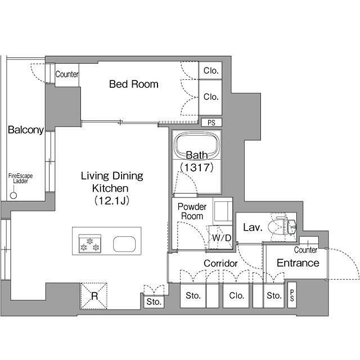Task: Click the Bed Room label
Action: pos(134,84)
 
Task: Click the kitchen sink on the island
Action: pos(124,244)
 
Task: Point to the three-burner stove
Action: pos(90,244)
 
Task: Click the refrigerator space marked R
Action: pos(94,296)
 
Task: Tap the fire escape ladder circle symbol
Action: pos(13,195)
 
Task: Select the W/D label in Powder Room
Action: pos(222,238)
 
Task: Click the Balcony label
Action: pos(26,130)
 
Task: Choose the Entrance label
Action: pos(298,263)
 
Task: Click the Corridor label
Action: pos(220,263)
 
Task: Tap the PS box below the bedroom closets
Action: pos(211,123)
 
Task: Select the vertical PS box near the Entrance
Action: pos(292,295)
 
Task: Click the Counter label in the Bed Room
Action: pos(67,74)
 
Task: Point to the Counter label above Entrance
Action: pos(305,250)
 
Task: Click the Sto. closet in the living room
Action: pos(154,301)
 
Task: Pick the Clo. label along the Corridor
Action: pos(236,295)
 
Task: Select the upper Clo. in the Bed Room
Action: pos(210,70)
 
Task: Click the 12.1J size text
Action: pos(112,201)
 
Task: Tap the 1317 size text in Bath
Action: pos(197,168)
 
